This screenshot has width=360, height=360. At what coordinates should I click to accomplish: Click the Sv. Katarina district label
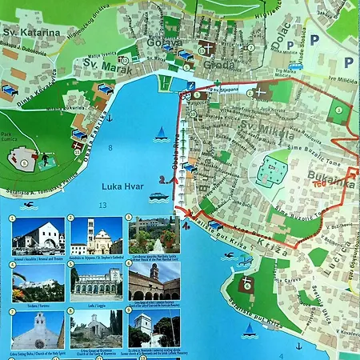33,33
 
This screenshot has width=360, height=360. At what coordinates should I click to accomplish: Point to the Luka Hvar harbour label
122,186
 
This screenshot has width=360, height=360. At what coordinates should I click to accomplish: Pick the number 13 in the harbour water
102,206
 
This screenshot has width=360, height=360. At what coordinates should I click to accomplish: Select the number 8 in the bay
110,149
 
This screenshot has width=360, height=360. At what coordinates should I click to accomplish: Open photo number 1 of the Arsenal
38,236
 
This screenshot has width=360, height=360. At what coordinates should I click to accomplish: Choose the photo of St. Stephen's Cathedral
96,236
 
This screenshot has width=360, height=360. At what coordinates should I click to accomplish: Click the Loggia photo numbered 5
96,282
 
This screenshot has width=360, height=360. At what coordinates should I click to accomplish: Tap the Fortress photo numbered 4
38,282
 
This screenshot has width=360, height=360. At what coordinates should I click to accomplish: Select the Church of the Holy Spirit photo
38,330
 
